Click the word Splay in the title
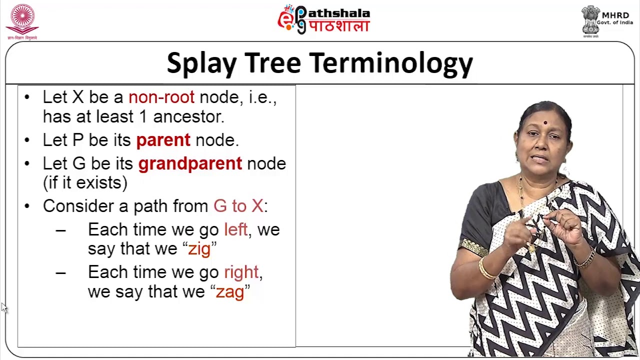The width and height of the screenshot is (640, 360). (201, 64)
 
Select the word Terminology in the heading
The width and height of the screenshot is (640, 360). (390, 64)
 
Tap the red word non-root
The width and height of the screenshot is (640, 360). (161, 97)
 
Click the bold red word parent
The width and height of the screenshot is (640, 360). (163, 140)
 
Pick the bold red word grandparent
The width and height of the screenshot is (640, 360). (190, 163)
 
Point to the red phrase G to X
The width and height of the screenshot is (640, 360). (238, 206)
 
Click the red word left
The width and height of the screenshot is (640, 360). (235, 229)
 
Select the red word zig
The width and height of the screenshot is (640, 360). (199, 249)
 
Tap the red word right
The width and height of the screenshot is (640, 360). (241, 272)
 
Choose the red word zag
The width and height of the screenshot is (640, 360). (229, 292)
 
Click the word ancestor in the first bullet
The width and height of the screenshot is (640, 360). (188, 116)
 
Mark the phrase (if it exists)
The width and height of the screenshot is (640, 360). (85, 182)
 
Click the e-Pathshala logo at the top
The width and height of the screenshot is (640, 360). (323, 20)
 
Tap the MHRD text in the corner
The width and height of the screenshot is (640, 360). (615, 15)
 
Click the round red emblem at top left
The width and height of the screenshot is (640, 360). (22, 19)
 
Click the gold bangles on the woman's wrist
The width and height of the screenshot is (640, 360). (485, 269)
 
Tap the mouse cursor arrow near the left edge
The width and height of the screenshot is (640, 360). (4, 307)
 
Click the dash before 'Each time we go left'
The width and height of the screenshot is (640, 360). (60, 230)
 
